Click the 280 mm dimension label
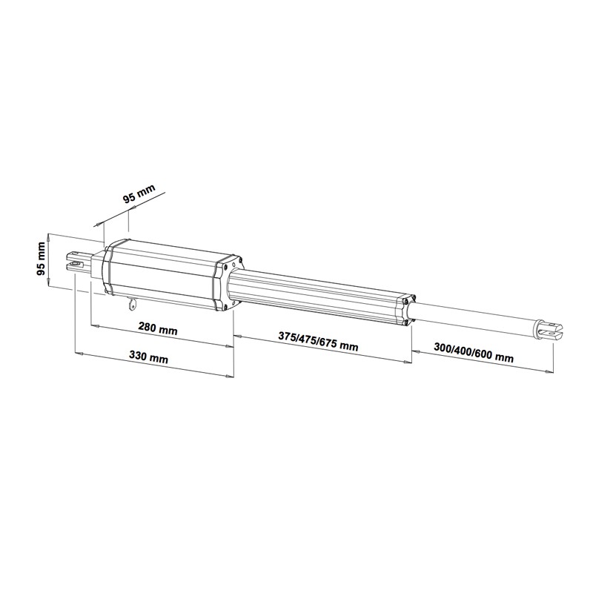coord(157,328)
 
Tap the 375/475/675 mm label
coord(318,341)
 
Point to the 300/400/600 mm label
coord(474,353)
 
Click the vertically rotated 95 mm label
coord(41,258)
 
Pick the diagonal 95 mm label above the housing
coord(139,194)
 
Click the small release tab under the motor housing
coord(132,304)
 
